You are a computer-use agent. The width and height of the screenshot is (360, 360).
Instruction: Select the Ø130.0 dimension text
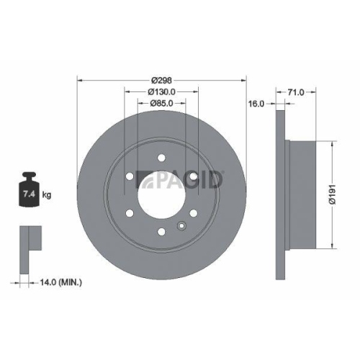pyautogui.click(x=162, y=92)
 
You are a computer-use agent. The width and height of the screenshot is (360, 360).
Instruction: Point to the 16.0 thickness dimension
pyautogui.click(x=256, y=103)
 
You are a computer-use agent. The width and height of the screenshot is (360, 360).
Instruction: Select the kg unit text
pyautogui.click(x=47, y=195)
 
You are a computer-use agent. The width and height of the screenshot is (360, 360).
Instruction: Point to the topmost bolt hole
pyautogui.click(x=162, y=156)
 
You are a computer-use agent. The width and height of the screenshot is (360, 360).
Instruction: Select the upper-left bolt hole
pyautogui.click(x=130, y=175)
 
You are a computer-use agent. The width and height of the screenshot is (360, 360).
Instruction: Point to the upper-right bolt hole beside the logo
pyautogui.click(x=194, y=175)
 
